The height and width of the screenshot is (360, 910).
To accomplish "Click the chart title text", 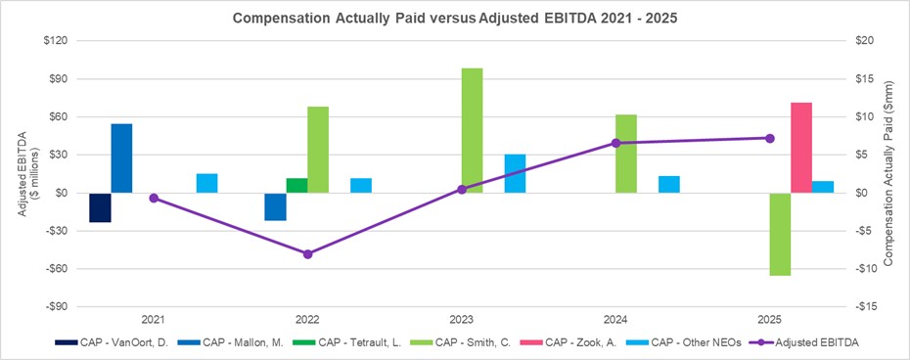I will click(454, 18).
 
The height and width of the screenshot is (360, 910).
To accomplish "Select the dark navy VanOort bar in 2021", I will click(100, 207).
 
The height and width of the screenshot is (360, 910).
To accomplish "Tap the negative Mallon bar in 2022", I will click(276, 206).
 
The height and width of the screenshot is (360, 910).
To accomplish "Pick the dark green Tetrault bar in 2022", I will click(297, 186).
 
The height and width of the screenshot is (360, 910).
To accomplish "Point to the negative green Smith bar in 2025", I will click(780, 234).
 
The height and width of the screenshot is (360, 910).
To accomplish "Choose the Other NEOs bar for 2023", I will click(515, 173).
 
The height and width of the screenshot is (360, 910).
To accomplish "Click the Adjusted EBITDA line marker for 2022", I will click(307, 253).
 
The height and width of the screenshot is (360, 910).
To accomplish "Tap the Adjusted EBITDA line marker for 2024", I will click(615, 143).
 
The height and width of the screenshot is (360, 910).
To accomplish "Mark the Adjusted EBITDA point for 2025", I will click(770, 138).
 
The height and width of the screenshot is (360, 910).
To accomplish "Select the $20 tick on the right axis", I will click(841, 41).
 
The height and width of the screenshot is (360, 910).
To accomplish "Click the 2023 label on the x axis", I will click(462, 320).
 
